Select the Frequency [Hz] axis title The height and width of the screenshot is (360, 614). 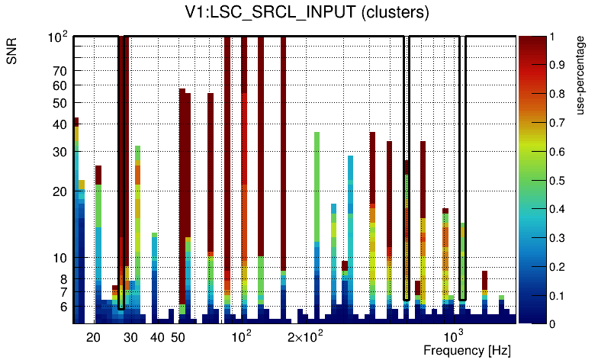(467, 350)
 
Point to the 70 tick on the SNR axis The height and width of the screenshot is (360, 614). (59, 72)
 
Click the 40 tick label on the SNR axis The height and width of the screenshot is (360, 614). (59, 125)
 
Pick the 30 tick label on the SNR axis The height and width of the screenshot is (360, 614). (59, 153)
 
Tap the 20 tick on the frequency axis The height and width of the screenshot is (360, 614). (93, 337)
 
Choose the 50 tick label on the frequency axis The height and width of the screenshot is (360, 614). (178, 337)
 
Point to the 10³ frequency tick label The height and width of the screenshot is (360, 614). (454, 336)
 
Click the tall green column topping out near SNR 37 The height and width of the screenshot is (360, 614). (317, 191)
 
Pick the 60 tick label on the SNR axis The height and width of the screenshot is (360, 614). (59, 86)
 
